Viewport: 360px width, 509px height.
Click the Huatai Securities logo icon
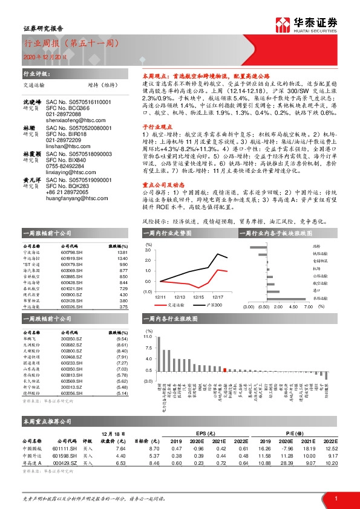tap(282, 24)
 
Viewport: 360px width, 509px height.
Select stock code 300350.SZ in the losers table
tap(71, 340)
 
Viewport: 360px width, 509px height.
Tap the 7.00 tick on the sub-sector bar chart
tap(308, 306)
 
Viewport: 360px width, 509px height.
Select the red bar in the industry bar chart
tap(225, 369)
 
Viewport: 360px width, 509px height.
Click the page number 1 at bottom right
tap(335, 498)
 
